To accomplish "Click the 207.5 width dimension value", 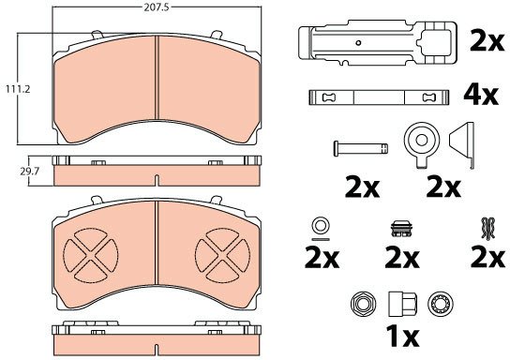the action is click(157, 7).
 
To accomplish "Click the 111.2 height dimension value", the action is click(18, 89).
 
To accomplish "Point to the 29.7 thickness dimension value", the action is click(30, 172).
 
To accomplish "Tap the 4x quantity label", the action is click(480, 96).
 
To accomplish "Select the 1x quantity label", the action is click(402, 336).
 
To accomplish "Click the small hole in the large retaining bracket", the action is click(358, 42).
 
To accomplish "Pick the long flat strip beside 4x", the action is click(379, 97).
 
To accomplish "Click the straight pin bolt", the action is click(360, 148).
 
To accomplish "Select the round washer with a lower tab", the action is click(422, 145).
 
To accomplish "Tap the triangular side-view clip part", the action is click(462, 145).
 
